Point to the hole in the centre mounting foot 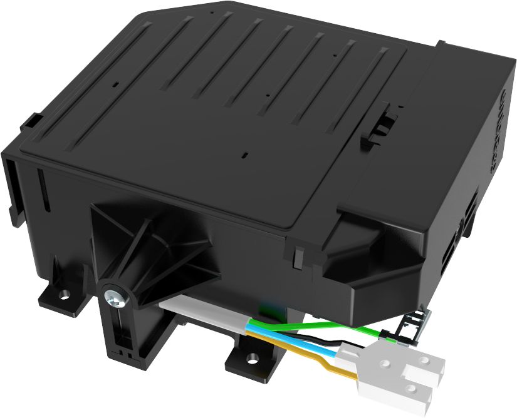click(x=252, y=359)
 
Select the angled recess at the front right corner click(x=363, y=250)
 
